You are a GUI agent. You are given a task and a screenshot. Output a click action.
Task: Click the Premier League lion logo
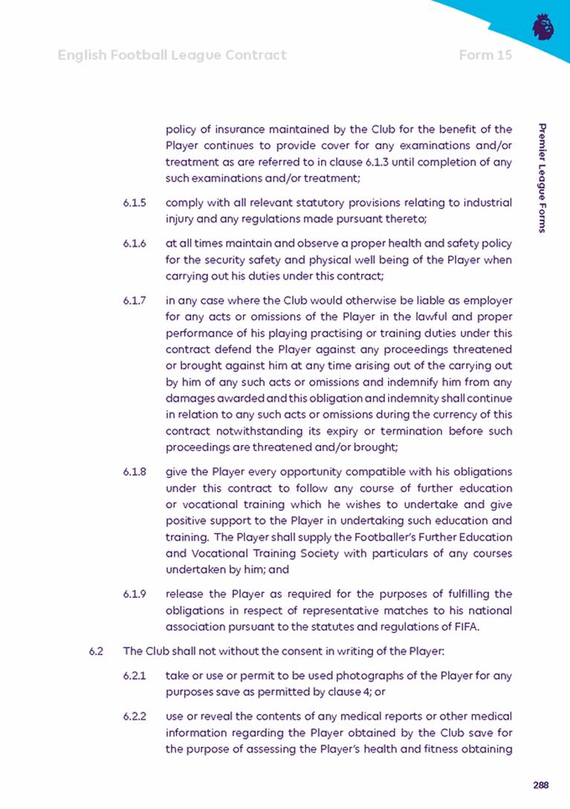[543, 27]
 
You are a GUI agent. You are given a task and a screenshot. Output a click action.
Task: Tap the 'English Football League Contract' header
[172, 55]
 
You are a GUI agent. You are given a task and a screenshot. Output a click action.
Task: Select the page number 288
[540, 785]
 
